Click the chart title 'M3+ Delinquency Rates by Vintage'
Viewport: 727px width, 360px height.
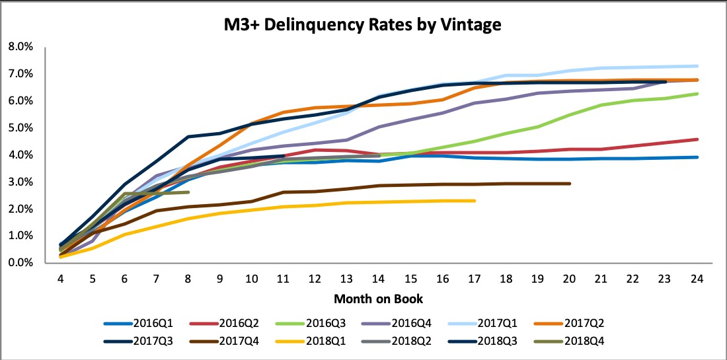[363, 26]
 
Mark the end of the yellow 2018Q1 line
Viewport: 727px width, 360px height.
[475, 201]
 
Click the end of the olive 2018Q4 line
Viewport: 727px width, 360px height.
[188, 192]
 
